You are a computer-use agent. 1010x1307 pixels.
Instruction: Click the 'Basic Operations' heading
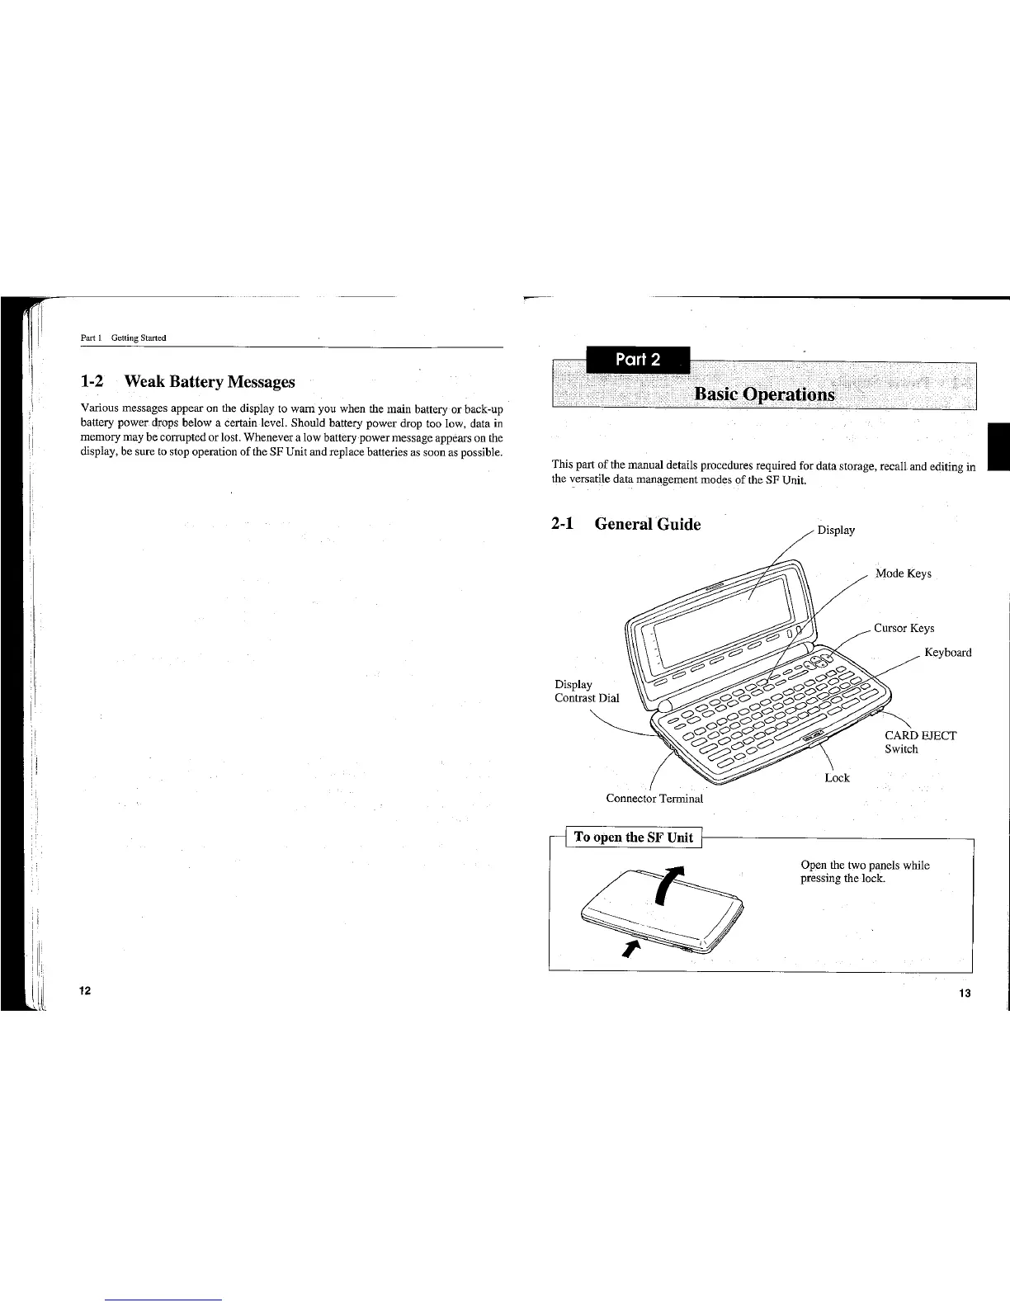[765, 394]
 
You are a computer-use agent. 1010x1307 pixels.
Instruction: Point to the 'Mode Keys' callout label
[904, 573]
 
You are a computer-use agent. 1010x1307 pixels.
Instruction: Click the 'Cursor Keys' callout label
[904, 628]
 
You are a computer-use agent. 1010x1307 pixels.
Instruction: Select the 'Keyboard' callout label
[947, 653]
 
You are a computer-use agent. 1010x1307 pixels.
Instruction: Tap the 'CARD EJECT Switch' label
[919, 742]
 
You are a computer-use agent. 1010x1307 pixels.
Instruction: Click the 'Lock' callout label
[837, 778]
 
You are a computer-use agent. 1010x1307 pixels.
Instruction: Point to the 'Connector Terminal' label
[654, 798]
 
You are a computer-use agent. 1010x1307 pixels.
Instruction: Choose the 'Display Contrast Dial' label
[586, 691]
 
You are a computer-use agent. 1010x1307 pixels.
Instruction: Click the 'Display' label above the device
[836, 530]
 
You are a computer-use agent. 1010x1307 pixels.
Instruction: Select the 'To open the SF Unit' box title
[633, 838]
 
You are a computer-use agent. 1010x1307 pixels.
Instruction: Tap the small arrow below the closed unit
[632, 948]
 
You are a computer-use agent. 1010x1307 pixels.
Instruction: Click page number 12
[86, 990]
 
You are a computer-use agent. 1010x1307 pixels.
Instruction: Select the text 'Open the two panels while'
[865, 865]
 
